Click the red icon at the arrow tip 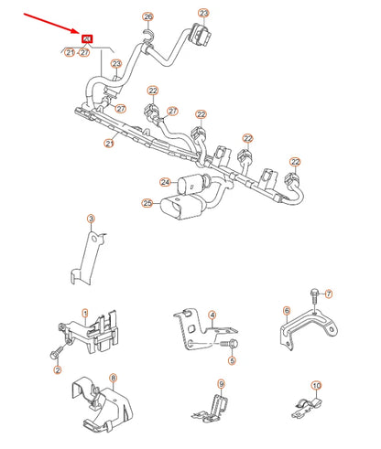click(x=88, y=38)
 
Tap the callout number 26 click(x=147, y=17)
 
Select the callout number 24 click(x=164, y=181)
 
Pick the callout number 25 click(x=147, y=203)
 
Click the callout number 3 click(x=91, y=219)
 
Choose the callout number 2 click(x=57, y=369)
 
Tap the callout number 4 click(x=213, y=315)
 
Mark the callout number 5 click(x=232, y=361)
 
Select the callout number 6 click(x=287, y=312)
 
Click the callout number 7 click(x=331, y=293)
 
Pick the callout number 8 click(x=112, y=377)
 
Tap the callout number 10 click(x=315, y=385)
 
